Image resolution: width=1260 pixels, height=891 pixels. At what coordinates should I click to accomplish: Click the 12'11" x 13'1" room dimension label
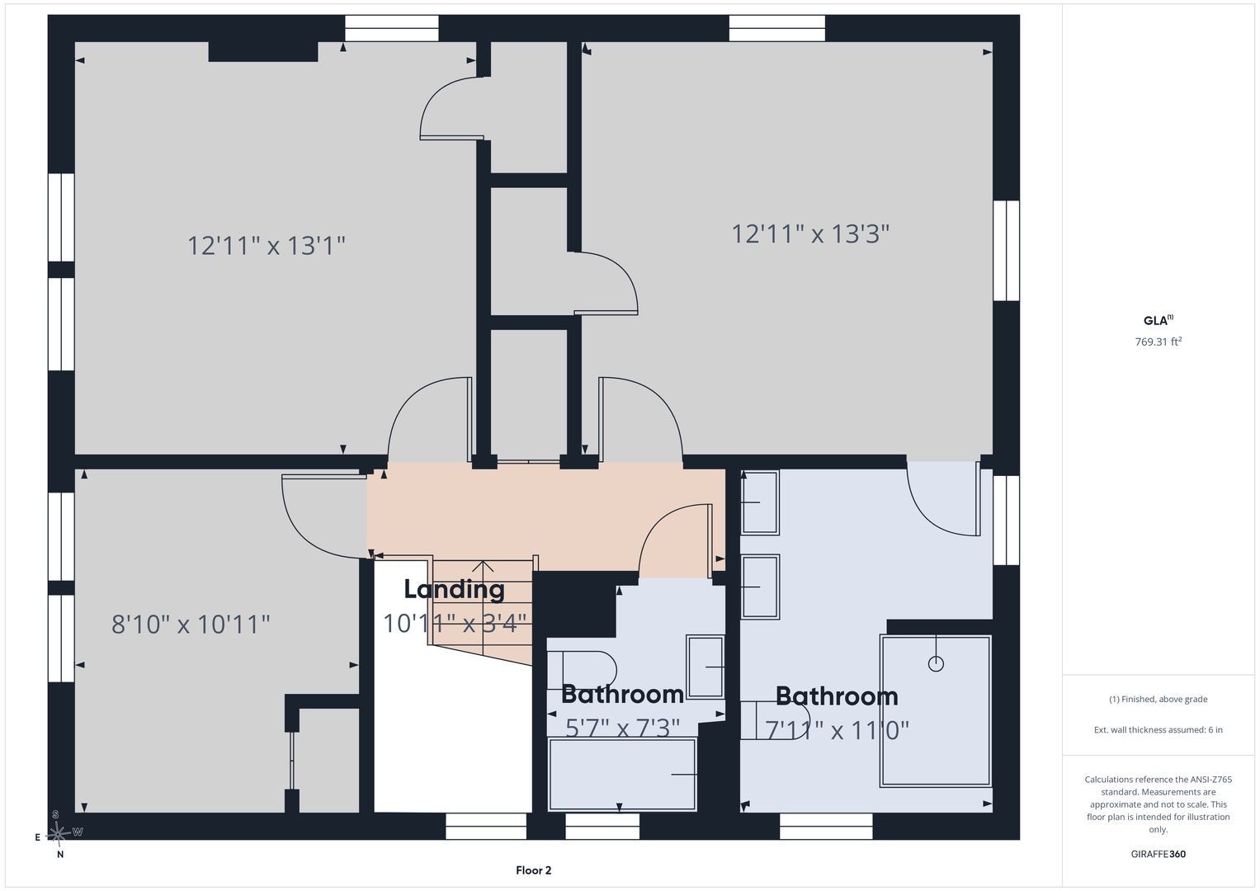point(266,246)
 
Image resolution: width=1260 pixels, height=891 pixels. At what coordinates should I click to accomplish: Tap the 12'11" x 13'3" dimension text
point(810,233)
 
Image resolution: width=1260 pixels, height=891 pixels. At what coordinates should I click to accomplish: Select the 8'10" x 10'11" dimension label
point(191,625)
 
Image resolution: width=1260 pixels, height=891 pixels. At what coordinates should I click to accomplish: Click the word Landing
point(454,591)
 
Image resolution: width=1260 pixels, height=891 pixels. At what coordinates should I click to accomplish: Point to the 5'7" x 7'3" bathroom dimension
point(623,728)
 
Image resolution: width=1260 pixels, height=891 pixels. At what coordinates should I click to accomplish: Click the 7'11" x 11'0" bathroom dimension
point(837,730)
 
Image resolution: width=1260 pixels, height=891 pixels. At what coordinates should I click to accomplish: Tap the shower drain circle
point(936,664)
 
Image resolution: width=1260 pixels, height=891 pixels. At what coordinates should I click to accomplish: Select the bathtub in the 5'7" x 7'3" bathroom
point(622,775)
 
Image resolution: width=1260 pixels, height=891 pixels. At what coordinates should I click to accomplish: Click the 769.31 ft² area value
point(1159,342)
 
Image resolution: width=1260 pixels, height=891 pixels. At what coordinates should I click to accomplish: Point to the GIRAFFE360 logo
point(1159,854)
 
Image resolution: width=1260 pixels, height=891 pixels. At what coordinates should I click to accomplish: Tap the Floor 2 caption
point(533,870)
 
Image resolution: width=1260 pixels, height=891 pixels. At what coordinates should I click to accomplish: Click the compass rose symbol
point(58,833)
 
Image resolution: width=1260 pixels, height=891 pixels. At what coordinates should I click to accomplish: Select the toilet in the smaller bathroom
point(583,669)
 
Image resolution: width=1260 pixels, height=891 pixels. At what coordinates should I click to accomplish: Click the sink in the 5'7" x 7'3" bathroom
point(706,667)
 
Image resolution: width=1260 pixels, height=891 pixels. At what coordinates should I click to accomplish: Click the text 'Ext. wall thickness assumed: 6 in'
point(1159,729)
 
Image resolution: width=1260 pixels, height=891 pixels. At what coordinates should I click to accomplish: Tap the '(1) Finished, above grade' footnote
point(1159,700)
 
